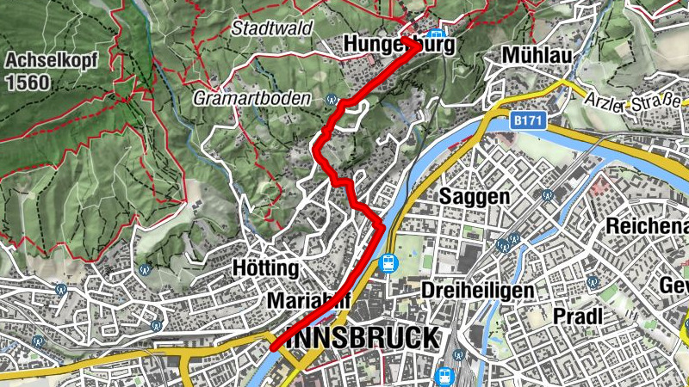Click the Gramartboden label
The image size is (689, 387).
pos(251,98)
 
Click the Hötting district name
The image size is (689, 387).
pos(265,268)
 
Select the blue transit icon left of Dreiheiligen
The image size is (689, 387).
pos(388,263)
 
